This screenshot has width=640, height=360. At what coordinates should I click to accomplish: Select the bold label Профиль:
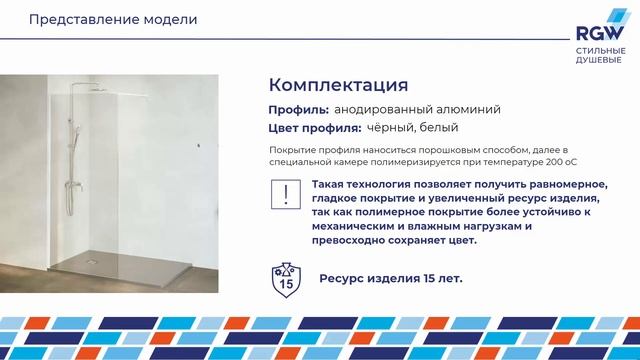pos(298,109)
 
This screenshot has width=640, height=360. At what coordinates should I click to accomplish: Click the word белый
pos(439,128)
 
